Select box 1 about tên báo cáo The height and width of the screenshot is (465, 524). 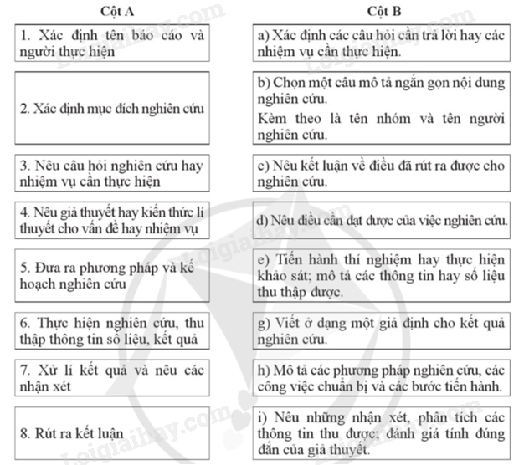(112, 42)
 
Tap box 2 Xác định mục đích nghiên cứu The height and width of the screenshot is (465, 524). (112, 110)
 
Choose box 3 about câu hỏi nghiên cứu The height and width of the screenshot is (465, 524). (112, 172)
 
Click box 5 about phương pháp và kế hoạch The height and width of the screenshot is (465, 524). (112, 276)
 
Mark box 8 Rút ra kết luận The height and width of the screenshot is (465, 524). (112, 433)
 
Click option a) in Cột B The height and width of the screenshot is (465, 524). (381, 42)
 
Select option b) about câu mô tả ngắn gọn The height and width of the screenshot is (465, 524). (381, 110)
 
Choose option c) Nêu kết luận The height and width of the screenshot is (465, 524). (381, 172)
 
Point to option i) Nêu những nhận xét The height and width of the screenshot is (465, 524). (381, 433)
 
